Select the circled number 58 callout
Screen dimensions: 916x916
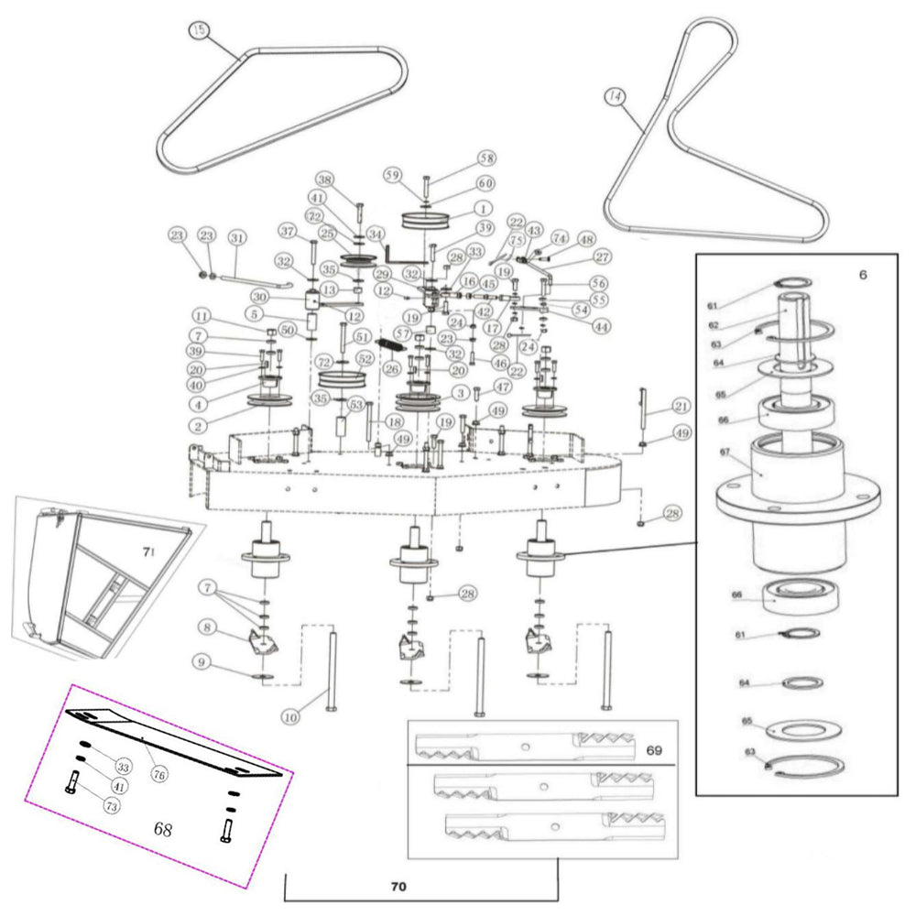pos(485,159)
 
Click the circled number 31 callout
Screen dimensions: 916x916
pos(237,238)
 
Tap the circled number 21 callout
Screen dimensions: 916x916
pos(680,406)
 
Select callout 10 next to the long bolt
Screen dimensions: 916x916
pos(290,717)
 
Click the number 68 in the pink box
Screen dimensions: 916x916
pos(163,830)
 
